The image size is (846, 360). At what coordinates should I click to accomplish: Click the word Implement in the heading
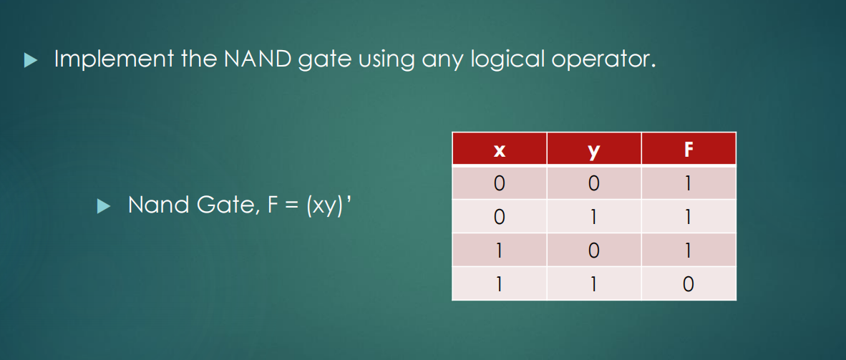pyautogui.click(x=113, y=59)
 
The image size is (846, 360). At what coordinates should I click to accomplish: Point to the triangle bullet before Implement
pyautogui.click(x=30, y=60)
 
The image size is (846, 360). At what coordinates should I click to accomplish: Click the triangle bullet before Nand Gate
pyautogui.click(x=103, y=205)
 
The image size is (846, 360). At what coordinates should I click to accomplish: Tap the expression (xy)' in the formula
pyautogui.click(x=329, y=205)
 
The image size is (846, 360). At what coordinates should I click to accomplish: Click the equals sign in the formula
pyautogui.click(x=291, y=205)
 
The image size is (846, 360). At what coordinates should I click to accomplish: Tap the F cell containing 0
pyautogui.click(x=689, y=283)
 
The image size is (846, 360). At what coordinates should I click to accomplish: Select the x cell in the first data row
pyautogui.click(x=499, y=183)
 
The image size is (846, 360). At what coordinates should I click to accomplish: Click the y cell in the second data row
pyautogui.click(x=594, y=216)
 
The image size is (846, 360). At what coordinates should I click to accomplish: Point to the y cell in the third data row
pyautogui.click(x=594, y=250)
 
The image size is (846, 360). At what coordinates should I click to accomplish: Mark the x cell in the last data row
pyautogui.click(x=499, y=283)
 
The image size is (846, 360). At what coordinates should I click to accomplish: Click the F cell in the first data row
pyautogui.click(x=689, y=183)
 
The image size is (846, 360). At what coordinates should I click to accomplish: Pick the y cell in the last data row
pyautogui.click(x=594, y=283)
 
